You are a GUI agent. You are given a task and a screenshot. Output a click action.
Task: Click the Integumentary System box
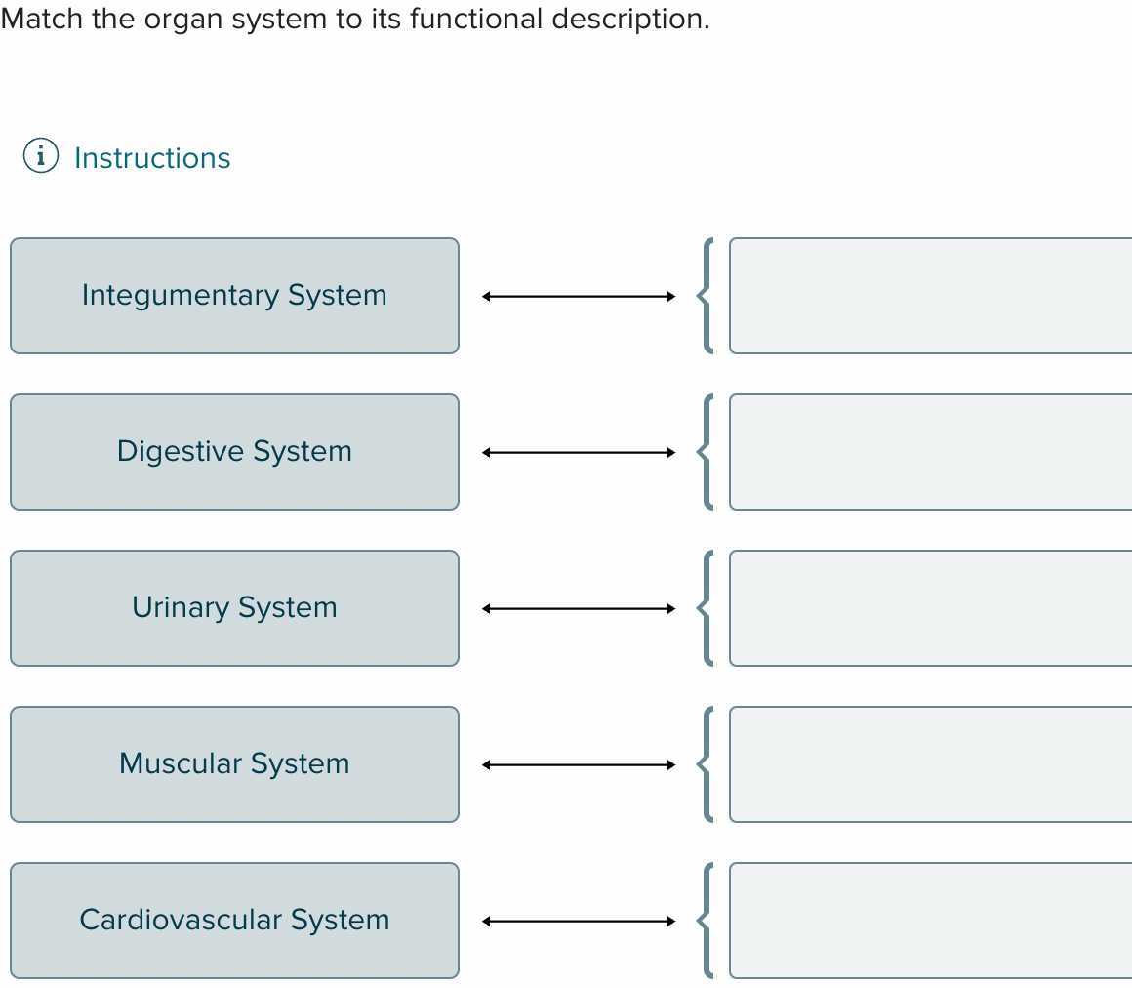click(234, 296)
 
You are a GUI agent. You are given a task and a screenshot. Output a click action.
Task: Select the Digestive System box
click(234, 452)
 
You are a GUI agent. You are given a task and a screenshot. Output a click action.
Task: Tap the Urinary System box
click(234, 608)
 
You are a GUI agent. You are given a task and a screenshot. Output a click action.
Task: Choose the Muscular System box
click(234, 764)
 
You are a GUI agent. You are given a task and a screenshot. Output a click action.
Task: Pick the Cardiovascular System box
click(234, 920)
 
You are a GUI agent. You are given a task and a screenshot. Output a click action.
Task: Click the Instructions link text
click(152, 158)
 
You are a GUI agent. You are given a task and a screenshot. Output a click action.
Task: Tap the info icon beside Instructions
click(40, 155)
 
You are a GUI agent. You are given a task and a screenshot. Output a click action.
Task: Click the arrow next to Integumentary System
click(579, 296)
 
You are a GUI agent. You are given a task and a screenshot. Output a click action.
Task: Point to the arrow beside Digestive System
click(579, 453)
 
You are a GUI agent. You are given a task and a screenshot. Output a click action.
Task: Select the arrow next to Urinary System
click(579, 609)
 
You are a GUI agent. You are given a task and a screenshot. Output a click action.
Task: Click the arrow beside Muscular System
click(579, 764)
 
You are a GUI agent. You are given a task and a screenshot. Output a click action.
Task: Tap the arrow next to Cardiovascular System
click(579, 921)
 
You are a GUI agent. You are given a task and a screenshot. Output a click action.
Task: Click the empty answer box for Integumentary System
click(931, 296)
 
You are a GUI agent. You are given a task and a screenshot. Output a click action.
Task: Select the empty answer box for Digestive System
click(931, 452)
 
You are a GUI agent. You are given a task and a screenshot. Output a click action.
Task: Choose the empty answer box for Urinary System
click(931, 608)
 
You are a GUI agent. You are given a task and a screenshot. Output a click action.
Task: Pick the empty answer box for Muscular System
click(931, 764)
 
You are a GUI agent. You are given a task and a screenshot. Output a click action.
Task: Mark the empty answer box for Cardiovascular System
click(931, 920)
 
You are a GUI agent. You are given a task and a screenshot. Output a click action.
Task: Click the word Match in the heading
click(42, 19)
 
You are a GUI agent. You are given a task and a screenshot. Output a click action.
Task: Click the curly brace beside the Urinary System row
click(706, 608)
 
